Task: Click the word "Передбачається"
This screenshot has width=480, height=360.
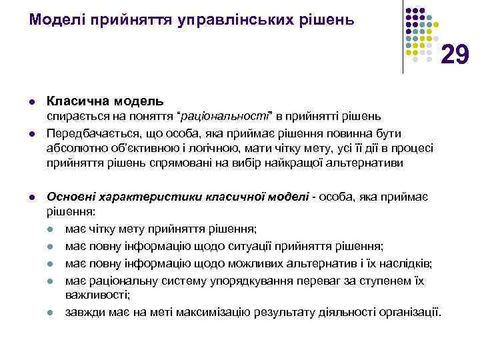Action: [x=85, y=133]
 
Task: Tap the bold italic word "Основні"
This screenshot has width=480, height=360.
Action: [x=70, y=197]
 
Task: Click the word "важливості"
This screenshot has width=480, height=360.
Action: [x=97, y=294]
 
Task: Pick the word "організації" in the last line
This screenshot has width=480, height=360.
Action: [x=407, y=311]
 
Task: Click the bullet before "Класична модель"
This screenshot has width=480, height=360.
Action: [x=31, y=102]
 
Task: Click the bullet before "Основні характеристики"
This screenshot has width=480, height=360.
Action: [x=31, y=197]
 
